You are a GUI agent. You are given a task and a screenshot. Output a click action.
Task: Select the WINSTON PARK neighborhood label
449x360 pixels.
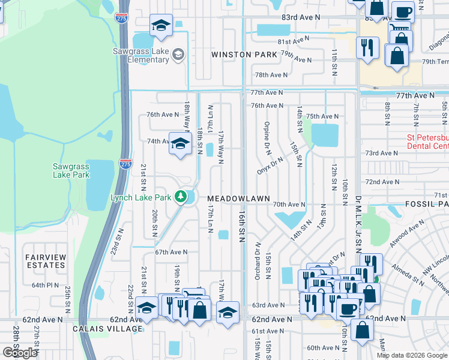pos(244,55)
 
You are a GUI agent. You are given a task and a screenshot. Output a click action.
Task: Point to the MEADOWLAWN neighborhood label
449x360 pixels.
pos(239,198)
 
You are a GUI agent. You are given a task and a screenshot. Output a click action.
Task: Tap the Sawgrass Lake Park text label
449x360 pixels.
pos(71,170)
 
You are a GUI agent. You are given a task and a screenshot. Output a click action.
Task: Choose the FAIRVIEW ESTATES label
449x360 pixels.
pos(45,261)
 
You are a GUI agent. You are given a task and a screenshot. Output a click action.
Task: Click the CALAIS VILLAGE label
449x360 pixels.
pos(107,328)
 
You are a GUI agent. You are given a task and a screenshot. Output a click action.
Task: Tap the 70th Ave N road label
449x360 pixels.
pos(289,205)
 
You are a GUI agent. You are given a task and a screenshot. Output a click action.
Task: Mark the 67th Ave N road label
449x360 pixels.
pos(171,253)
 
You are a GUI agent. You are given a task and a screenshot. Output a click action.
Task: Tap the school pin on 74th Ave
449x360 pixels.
pos(179,144)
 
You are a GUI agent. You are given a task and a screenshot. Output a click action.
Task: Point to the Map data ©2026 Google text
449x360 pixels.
pos(412,355)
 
